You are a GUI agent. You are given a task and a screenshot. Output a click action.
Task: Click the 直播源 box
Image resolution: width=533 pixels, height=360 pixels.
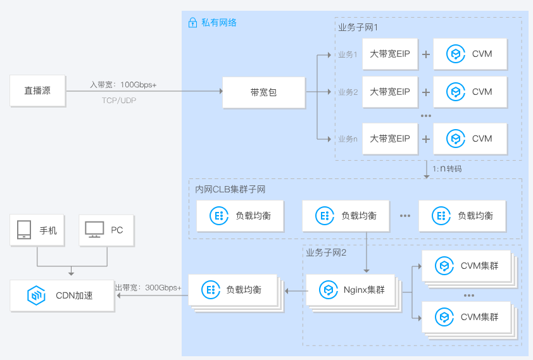(38, 90)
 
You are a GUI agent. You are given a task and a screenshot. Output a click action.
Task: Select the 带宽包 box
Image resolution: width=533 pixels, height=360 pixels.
(263, 92)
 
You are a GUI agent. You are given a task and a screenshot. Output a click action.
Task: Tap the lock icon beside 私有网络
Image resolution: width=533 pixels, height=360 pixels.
(192, 23)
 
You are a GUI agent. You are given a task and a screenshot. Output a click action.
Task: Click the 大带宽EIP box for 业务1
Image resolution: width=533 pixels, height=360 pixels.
(390, 54)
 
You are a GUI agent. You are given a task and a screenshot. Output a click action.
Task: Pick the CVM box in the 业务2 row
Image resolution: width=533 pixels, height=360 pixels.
(470, 92)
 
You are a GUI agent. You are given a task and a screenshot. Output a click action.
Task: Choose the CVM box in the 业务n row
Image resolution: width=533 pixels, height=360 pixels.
(470, 139)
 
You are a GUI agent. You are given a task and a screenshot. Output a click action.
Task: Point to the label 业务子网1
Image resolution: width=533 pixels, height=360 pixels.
(358, 28)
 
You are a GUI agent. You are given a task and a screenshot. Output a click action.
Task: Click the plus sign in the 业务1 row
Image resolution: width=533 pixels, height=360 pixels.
(426, 54)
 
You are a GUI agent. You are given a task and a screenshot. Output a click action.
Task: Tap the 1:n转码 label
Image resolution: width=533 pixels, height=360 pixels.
(447, 169)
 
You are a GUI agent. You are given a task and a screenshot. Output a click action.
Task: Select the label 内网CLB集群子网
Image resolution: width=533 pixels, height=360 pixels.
(230, 189)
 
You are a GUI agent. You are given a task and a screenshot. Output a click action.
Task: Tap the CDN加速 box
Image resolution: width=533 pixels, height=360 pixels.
(61, 295)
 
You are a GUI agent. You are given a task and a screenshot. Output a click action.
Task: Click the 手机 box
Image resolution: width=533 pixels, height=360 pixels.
(38, 230)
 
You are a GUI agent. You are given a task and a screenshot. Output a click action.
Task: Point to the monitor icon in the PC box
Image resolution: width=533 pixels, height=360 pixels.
(95, 230)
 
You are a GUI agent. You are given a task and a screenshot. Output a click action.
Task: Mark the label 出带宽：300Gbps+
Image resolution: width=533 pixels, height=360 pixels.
(148, 288)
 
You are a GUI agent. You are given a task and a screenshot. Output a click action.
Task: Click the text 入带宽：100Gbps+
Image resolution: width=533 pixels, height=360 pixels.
(123, 84)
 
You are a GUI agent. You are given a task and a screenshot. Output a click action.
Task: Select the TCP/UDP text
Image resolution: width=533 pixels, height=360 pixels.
(119, 100)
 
